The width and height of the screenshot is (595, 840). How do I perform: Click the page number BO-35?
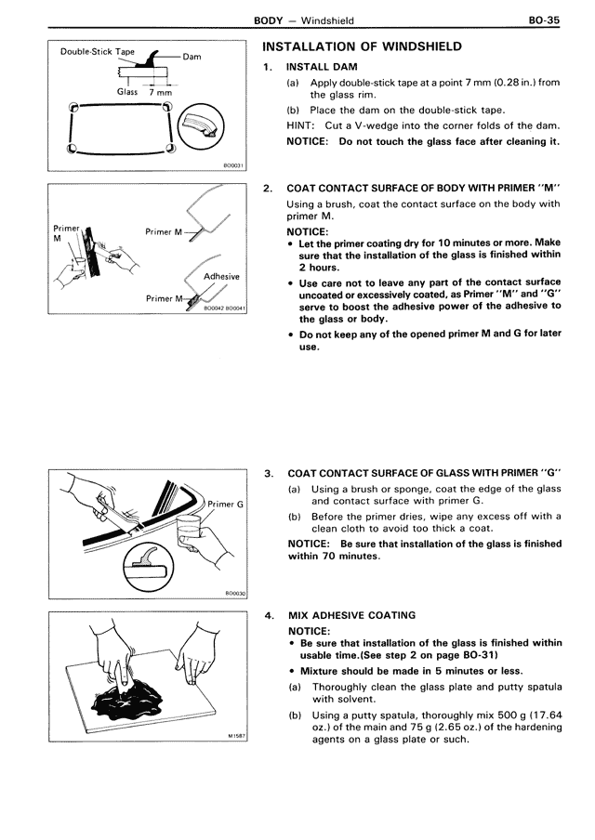coord(544,20)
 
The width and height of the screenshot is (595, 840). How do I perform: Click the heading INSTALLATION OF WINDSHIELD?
coord(362,46)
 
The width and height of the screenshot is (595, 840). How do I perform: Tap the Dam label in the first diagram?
coord(192,57)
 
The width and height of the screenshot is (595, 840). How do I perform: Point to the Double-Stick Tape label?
coord(98,52)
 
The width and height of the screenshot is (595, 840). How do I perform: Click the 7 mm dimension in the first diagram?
coord(160,92)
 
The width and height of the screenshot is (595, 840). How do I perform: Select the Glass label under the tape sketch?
coord(127,92)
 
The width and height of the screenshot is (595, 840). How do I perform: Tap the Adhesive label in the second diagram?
coord(221,276)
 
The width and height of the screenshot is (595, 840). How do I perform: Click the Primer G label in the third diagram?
coord(225,505)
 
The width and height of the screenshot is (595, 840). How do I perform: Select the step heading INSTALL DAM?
coord(322,67)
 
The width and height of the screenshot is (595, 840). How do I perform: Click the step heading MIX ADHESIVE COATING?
coord(351,615)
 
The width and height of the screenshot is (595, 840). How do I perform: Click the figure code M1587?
coord(236,736)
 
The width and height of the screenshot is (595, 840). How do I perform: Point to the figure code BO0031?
coord(235,166)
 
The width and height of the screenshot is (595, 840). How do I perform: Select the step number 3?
coord(269,474)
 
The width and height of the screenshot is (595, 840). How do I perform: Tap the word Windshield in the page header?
coord(327,20)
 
